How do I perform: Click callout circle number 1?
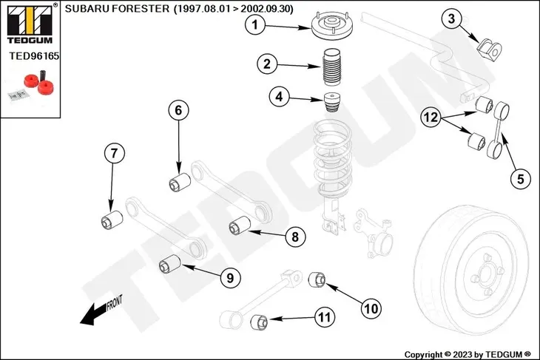coord(255,27)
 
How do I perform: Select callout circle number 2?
coord(267,64)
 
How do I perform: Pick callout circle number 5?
coord(520,177)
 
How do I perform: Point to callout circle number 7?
coord(113,154)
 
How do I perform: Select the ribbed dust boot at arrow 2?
coord(331,70)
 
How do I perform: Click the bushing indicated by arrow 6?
coord(178,183)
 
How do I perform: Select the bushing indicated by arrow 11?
coord(258,322)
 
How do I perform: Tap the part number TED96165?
coord(34,55)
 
